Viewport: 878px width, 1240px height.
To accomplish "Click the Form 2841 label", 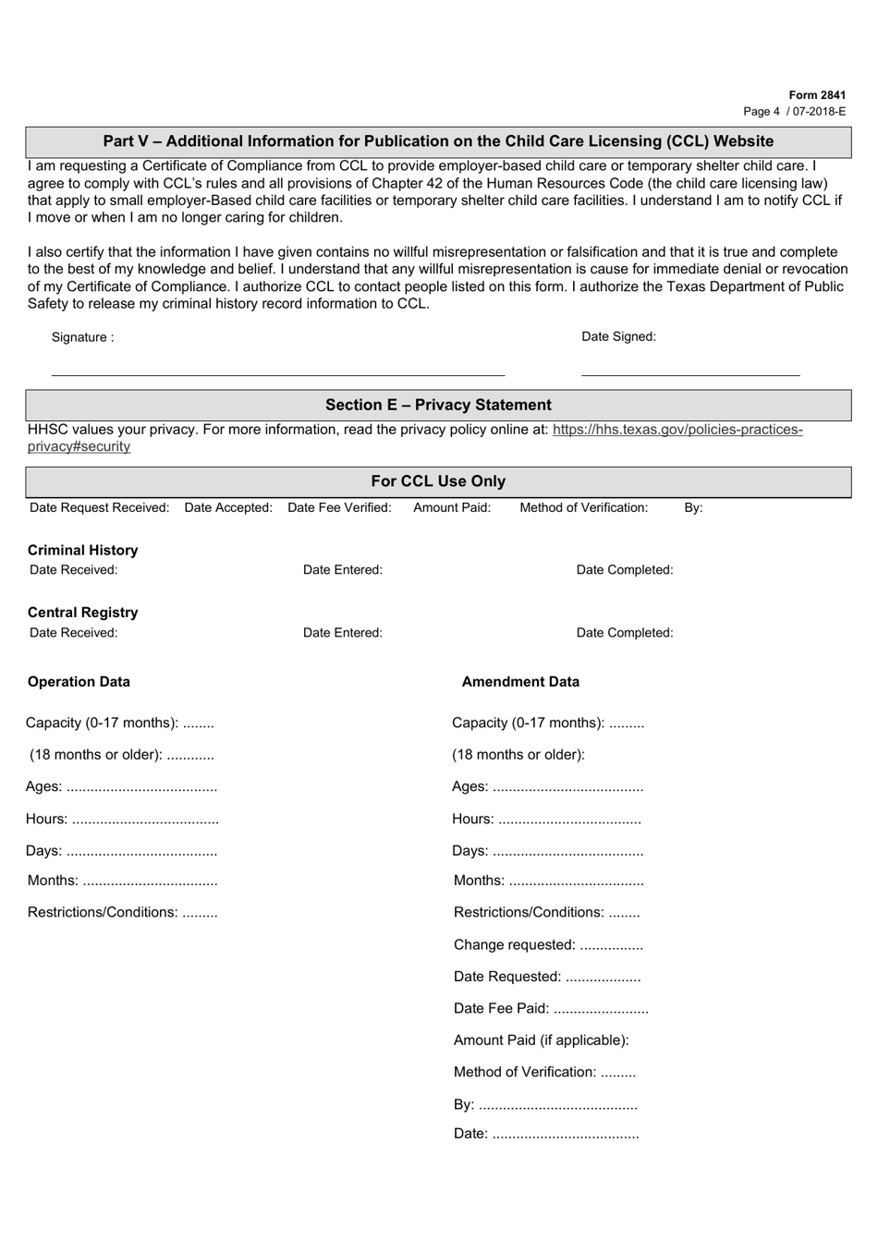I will pyautogui.click(x=817, y=95).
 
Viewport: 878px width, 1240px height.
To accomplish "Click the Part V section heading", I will pyautogui.click(x=438, y=141).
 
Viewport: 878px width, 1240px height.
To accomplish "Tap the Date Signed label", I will pyautogui.click(x=618, y=336).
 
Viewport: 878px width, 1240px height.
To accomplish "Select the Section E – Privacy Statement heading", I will pyautogui.click(x=438, y=405).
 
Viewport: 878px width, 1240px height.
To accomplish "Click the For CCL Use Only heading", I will pyautogui.click(x=438, y=481).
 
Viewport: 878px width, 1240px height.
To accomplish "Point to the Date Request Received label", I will pyautogui.click(x=99, y=507).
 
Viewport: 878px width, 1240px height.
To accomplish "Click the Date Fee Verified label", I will pyautogui.click(x=339, y=507).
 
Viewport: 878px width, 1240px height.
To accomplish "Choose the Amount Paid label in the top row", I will pyautogui.click(x=452, y=507).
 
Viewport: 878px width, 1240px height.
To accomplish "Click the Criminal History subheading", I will pyautogui.click(x=82, y=550).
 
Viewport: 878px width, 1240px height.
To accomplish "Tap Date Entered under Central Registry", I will pyautogui.click(x=342, y=633).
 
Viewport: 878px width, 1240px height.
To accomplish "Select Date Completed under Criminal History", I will pyautogui.click(x=625, y=570).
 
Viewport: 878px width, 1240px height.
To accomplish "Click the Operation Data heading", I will pyautogui.click(x=79, y=682).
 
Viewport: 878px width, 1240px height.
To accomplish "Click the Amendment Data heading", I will pyautogui.click(x=520, y=682).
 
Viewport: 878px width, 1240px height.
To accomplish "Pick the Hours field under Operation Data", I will pyautogui.click(x=122, y=819).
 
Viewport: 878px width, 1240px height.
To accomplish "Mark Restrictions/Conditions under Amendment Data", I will pyautogui.click(x=546, y=912).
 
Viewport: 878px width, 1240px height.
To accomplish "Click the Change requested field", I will pyautogui.click(x=548, y=944).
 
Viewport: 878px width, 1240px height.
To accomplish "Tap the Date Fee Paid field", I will pyautogui.click(x=551, y=1008).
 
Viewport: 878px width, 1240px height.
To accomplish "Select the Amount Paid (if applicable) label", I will pyautogui.click(x=541, y=1040).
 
